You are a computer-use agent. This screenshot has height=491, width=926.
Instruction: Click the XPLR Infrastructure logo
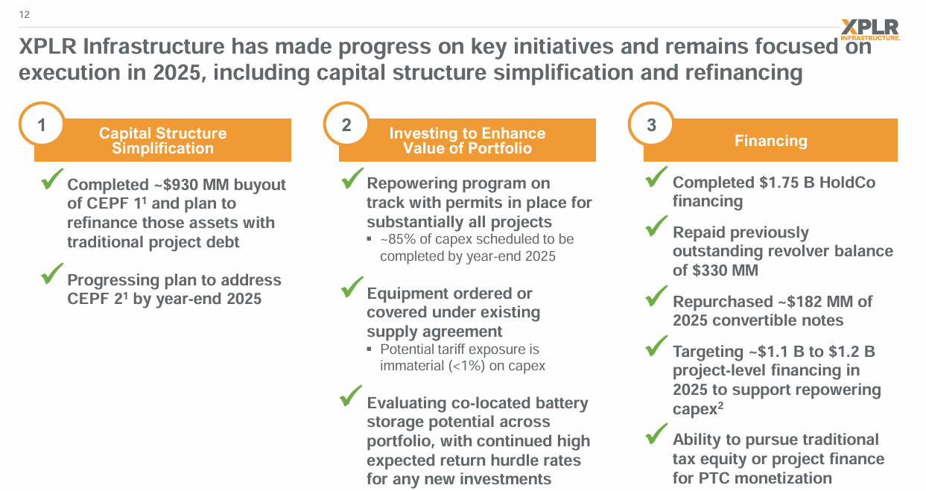869,30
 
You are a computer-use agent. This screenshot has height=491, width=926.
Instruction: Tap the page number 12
25,14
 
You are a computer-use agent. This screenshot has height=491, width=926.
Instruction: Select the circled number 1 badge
42,125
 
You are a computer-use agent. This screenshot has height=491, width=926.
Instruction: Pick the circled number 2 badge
346,125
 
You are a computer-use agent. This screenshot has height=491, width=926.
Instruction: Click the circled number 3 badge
652,125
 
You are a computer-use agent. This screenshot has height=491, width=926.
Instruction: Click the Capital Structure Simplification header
162,140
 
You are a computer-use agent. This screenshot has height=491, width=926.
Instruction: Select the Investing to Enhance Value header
467,140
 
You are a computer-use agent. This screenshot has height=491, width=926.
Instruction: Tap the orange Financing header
770,140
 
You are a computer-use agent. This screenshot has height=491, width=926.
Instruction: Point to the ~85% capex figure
402,239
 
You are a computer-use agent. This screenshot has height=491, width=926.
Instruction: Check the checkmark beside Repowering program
352,179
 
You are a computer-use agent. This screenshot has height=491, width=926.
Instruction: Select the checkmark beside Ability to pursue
657,433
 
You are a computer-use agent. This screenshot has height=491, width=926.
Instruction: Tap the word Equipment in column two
407,294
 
